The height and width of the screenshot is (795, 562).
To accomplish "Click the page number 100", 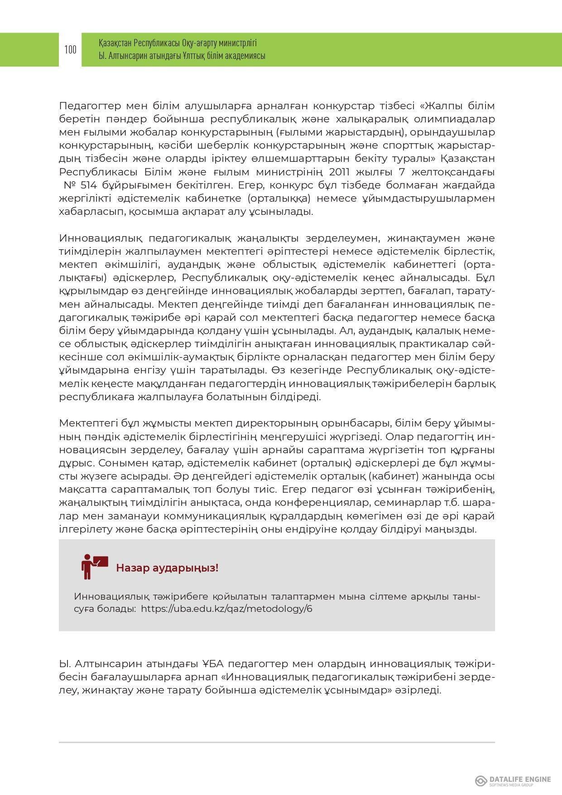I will pos(70,49).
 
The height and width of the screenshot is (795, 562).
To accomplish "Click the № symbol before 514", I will pos(69,185).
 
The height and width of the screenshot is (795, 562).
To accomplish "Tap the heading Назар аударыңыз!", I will pos(167,568).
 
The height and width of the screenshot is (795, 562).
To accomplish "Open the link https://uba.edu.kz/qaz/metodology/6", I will pos(226,608).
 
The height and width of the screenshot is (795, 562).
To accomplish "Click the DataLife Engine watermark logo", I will pos(513,780).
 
